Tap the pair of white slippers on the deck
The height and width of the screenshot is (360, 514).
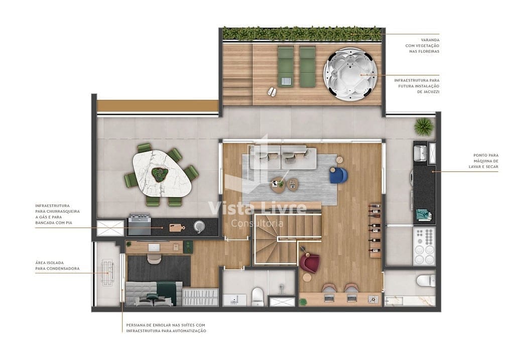[x=272, y=91]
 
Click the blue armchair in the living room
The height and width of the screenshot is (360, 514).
[x=338, y=175]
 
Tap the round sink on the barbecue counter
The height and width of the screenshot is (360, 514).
[x=200, y=226]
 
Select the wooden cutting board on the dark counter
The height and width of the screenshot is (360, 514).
[x=176, y=227]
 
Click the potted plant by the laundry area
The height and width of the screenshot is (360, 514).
[x=424, y=127]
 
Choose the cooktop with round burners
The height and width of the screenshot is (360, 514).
[x=424, y=246]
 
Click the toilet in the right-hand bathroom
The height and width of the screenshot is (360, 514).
[x=426, y=280]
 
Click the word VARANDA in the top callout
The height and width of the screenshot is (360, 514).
[x=430, y=40]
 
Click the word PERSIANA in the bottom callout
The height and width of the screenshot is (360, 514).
[x=137, y=325]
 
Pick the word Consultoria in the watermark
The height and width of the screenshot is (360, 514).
[x=257, y=223]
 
